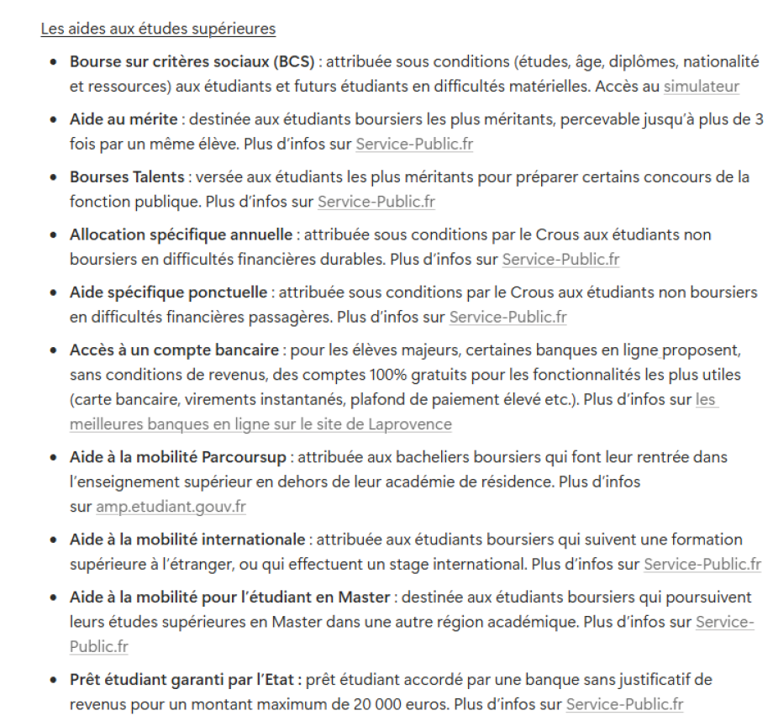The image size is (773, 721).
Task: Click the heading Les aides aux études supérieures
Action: (x=158, y=29)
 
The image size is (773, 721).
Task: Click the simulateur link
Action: (x=702, y=86)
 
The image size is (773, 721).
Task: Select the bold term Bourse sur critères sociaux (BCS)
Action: (x=192, y=62)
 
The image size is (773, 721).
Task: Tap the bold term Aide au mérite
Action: (x=125, y=119)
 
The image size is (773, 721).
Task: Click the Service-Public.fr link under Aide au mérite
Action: (x=414, y=144)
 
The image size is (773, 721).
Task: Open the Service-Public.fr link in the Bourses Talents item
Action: (x=376, y=202)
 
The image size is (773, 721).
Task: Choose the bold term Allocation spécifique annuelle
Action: (x=181, y=234)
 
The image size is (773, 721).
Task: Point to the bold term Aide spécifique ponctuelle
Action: (x=169, y=292)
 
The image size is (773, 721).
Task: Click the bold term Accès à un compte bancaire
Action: (x=174, y=350)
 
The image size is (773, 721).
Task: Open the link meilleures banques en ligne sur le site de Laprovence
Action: (x=260, y=424)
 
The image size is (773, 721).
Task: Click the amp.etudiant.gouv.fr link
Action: (x=171, y=507)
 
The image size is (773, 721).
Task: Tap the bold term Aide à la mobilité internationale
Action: (x=187, y=539)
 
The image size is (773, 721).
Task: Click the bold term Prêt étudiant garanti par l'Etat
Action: (x=185, y=679)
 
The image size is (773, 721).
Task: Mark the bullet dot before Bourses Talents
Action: (x=54, y=177)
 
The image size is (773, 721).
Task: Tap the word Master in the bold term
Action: (x=365, y=597)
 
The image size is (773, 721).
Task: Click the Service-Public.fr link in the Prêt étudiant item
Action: (x=624, y=704)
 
